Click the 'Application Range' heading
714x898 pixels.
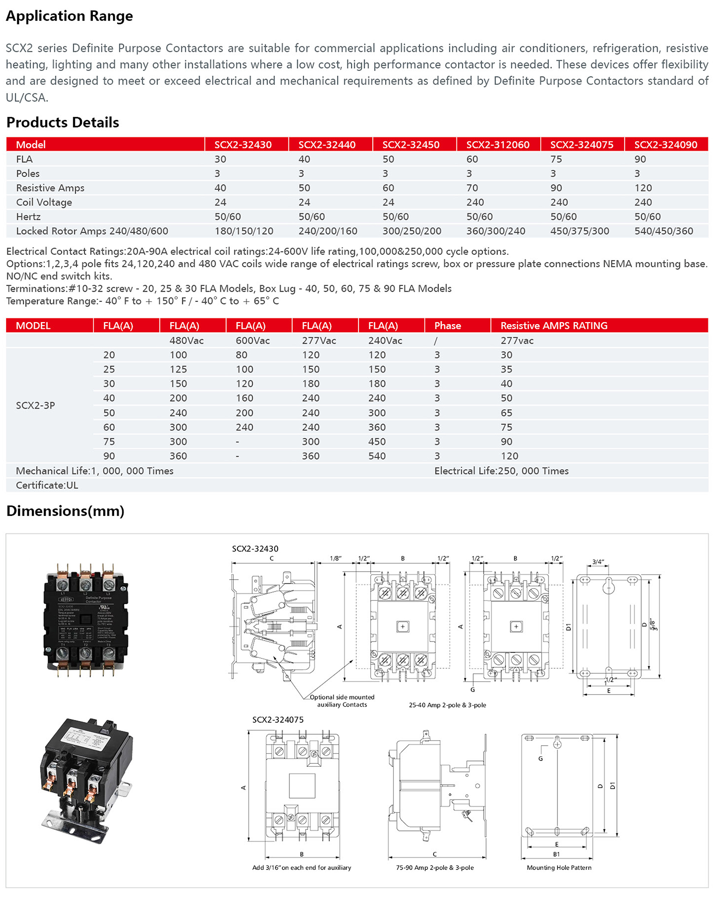point(69,16)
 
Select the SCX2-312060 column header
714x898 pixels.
point(497,145)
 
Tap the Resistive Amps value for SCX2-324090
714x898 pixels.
point(643,188)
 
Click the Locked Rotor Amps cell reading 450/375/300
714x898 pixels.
point(579,231)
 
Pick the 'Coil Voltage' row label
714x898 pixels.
point(44,202)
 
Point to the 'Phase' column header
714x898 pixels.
point(447,326)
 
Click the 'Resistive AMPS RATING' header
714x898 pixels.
point(554,326)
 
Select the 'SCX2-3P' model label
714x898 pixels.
point(35,405)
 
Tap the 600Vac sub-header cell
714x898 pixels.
point(252,341)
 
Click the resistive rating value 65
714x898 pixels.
point(506,413)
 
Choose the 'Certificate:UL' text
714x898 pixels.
point(47,485)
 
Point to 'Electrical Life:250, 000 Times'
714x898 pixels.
point(501,471)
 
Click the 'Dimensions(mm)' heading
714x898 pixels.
point(65,511)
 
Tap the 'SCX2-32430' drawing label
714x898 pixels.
point(255,549)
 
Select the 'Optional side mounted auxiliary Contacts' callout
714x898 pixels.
point(342,701)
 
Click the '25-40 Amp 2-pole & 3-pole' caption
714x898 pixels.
point(447,705)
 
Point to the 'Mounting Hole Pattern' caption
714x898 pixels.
point(559,868)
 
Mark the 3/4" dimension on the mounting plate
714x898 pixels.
point(598,562)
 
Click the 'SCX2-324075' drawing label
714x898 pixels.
point(278,720)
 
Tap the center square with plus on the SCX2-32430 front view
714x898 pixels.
point(403,627)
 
